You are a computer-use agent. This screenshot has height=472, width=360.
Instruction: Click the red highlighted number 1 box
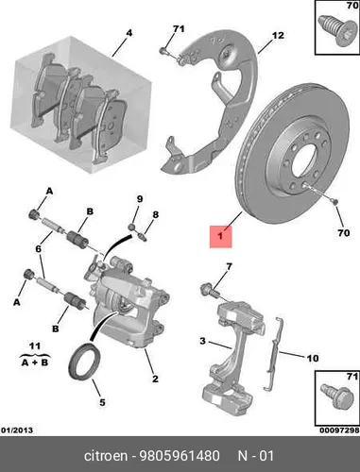pos(221,236)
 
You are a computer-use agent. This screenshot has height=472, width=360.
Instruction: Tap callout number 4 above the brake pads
pos(129,33)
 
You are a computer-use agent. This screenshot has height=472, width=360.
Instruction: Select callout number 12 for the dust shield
pos(278,35)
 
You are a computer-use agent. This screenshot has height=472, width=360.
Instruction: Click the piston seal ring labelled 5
pos(85,362)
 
